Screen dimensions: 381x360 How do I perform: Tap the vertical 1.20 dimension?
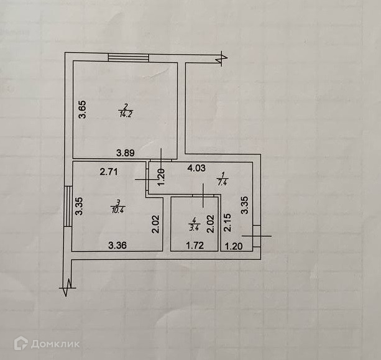click(160, 178)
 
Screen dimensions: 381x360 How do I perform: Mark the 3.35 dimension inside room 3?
click(80, 206)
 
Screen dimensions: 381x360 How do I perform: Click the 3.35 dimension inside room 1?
click(246, 206)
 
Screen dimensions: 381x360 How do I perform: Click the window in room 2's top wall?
click(128, 58)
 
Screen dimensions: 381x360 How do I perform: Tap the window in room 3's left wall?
click(68, 205)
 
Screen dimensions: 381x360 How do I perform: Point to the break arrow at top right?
click(221, 58)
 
